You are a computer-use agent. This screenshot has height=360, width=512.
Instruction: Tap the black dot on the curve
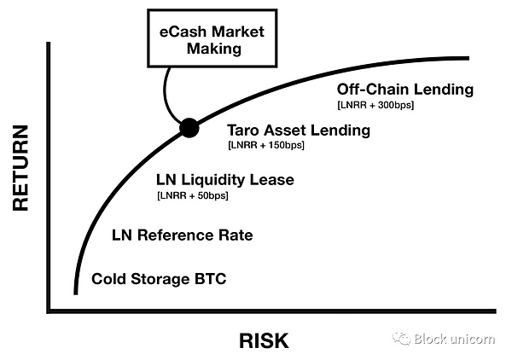pyautogui.click(x=189, y=129)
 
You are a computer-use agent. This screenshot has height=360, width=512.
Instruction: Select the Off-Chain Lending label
pyautogui.click(x=404, y=90)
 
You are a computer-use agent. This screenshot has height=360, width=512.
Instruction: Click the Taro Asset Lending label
pyautogui.click(x=298, y=131)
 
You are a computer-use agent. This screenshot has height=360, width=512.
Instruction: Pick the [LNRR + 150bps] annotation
pyautogui.click(x=266, y=146)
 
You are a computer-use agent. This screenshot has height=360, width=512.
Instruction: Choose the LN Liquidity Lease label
pyautogui.click(x=224, y=180)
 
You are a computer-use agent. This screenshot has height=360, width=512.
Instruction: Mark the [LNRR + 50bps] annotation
pyautogui.click(x=192, y=196)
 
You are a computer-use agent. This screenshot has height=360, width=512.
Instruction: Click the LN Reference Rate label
pyautogui.click(x=183, y=235)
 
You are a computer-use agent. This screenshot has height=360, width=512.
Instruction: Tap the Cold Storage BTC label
pyautogui.click(x=160, y=278)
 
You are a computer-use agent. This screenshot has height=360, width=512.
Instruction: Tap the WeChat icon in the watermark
pyautogui.click(x=402, y=339)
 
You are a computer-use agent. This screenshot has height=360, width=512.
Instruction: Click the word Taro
pyautogui.click(x=246, y=131)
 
